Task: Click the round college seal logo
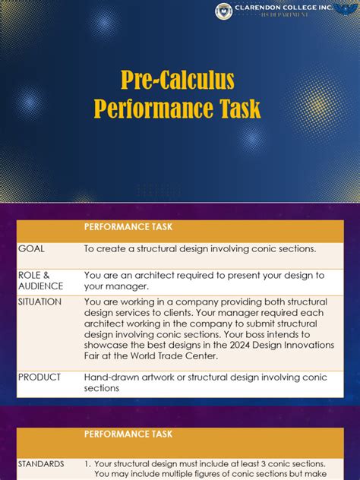tap(223, 11)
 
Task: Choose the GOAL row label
tap(32, 248)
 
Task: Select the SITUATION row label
tap(40, 302)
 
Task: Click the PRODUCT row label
tap(39, 377)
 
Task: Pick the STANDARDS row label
tap(43, 463)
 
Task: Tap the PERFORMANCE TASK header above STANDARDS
tap(128, 434)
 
